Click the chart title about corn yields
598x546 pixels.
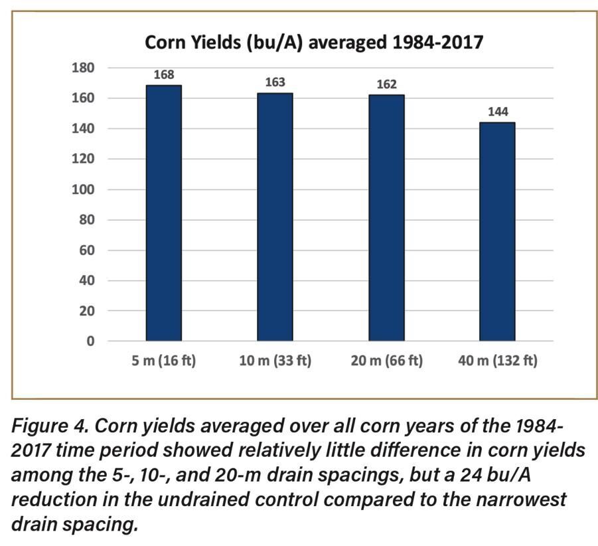click(x=314, y=43)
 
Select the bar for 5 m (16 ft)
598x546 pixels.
click(x=163, y=213)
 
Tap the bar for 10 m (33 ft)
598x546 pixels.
click(x=275, y=217)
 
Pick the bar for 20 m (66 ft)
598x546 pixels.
click(x=386, y=217)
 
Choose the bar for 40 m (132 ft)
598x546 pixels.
click(x=498, y=231)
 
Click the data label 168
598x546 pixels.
click(x=164, y=75)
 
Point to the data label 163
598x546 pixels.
click(x=275, y=82)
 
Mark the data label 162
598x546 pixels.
click(x=386, y=84)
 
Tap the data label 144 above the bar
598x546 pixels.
click(x=498, y=112)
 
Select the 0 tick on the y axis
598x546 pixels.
click(x=91, y=341)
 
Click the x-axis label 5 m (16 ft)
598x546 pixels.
click(x=164, y=361)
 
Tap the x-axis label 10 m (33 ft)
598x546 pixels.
click(x=275, y=361)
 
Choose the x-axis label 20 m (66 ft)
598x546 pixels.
click(x=386, y=361)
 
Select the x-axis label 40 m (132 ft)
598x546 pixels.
click(x=498, y=361)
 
